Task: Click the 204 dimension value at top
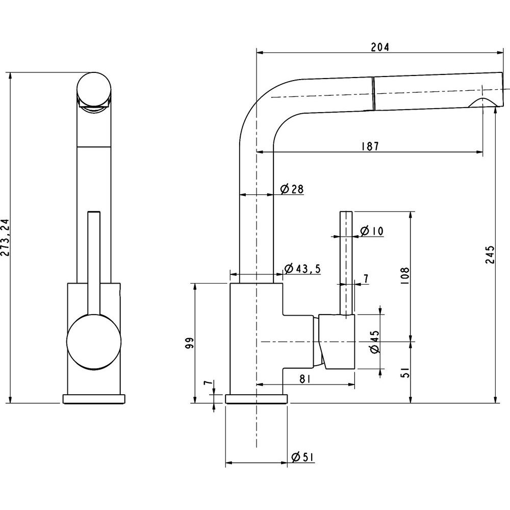click(x=380, y=47)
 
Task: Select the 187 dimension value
click(x=370, y=146)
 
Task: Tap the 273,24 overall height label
click(x=6, y=238)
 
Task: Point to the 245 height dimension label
click(x=490, y=254)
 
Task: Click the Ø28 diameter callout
click(x=292, y=189)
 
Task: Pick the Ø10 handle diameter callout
click(x=372, y=231)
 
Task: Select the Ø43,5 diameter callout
click(x=302, y=269)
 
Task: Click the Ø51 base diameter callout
click(x=302, y=457)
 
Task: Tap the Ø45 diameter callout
click(x=375, y=342)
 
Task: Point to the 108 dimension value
click(x=405, y=276)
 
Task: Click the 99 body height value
click(x=190, y=343)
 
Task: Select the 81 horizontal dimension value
click(x=305, y=379)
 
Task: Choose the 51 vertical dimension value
click(x=405, y=372)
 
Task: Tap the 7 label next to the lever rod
click(x=366, y=279)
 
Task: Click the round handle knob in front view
click(x=94, y=342)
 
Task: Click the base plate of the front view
click(x=94, y=399)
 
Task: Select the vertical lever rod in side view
click(x=346, y=263)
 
